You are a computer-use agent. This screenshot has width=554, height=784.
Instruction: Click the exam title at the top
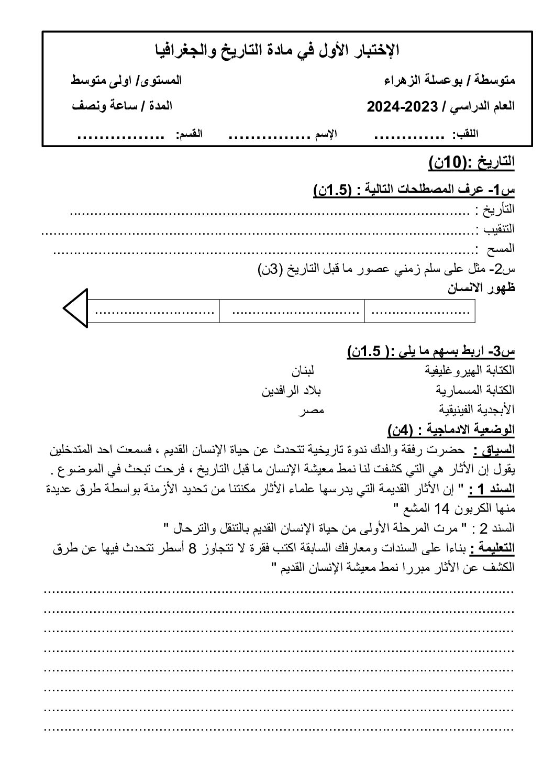click(278, 50)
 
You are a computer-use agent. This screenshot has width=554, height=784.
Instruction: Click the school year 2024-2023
click(402, 107)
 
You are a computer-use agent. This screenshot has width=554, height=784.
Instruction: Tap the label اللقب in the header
click(468, 135)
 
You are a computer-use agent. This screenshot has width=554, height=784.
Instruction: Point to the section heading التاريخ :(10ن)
click(471, 163)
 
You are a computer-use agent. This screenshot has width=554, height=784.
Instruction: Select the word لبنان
click(303, 370)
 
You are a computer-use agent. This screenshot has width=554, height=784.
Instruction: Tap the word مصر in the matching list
click(311, 410)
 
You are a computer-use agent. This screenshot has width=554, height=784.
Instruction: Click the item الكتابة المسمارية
click(475, 390)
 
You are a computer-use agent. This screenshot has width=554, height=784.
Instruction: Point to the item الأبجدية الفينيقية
click(477, 410)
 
